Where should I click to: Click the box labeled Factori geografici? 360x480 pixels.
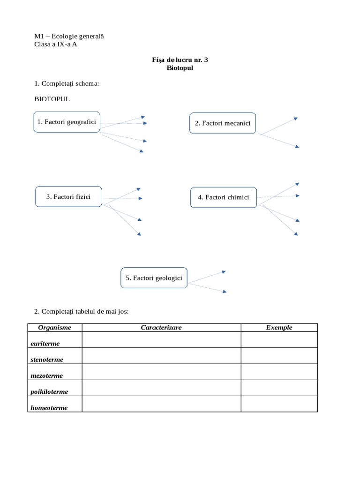[x=67, y=122]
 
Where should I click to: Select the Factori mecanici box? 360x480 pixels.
[x=223, y=123]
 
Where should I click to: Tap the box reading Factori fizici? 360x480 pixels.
[x=68, y=197]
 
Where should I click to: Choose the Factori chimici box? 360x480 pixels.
[x=224, y=197]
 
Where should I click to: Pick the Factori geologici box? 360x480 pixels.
[x=154, y=278]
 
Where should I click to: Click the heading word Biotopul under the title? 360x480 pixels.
[x=180, y=68]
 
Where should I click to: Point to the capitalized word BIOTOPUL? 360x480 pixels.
[x=52, y=99]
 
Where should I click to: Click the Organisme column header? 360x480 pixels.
[x=54, y=328]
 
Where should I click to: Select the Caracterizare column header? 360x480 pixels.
[x=161, y=328]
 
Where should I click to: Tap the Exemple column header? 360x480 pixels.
[x=279, y=328]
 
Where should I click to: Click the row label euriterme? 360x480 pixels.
[x=45, y=344]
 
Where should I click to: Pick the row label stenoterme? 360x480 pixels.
[x=47, y=360]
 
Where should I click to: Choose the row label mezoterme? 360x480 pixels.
[x=46, y=375]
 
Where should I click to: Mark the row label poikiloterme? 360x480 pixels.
[x=49, y=391]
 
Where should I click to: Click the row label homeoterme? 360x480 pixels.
[x=49, y=408]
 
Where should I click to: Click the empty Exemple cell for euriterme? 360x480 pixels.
[x=279, y=340]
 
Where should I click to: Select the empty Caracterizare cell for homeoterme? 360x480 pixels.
[x=161, y=404]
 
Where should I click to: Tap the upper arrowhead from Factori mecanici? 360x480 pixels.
[x=295, y=119]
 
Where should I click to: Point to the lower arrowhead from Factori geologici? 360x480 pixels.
[x=225, y=291]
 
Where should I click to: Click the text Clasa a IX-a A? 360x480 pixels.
[x=56, y=45]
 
